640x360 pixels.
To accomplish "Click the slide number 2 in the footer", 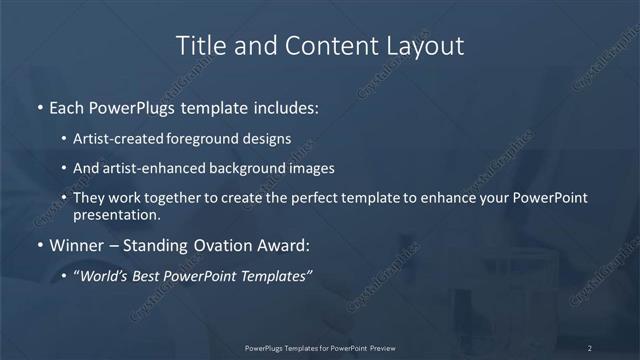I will pos(589,347).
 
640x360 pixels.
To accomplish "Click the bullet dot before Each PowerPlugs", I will pos(39,107).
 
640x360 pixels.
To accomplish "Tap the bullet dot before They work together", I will pos(64,198).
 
